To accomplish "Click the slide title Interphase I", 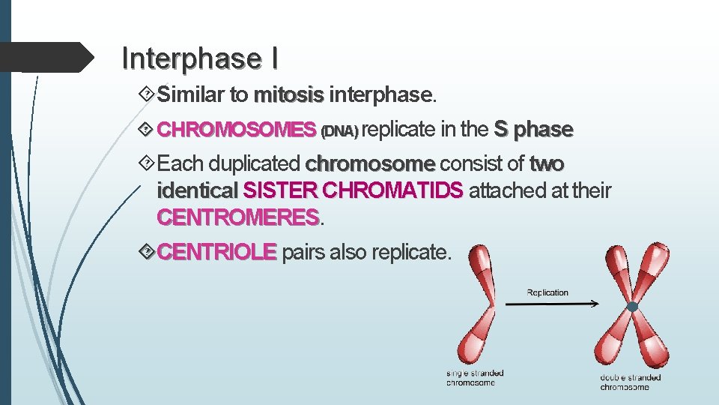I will [x=201, y=58].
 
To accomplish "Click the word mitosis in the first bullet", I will [x=289, y=95].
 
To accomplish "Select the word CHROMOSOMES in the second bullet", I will [x=237, y=130].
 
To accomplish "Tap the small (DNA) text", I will [x=339, y=132].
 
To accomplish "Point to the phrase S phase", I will [x=533, y=130].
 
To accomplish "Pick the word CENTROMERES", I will [x=238, y=218].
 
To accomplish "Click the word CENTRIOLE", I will [x=218, y=252].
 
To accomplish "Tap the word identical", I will [x=196, y=191].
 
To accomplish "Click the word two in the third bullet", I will [x=547, y=163].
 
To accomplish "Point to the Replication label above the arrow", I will [x=547, y=292].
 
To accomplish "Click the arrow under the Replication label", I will [x=553, y=304].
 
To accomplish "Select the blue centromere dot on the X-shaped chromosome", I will [x=633, y=307].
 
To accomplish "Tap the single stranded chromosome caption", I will [x=475, y=378].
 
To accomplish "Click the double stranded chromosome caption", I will [x=631, y=382].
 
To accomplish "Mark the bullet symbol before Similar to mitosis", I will [x=148, y=94].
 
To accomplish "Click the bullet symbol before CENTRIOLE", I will [x=148, y=251].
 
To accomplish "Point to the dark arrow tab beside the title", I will [x=52, y=57].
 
